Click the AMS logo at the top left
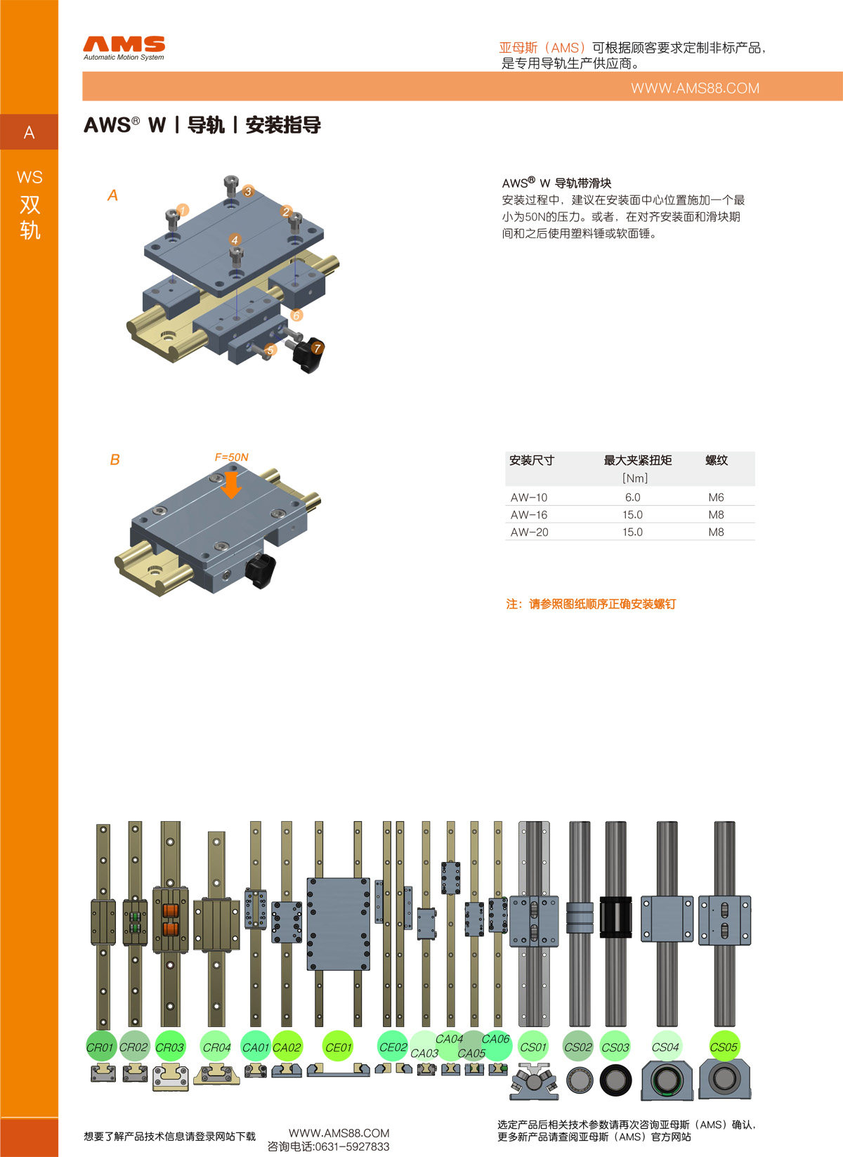pos(124,47)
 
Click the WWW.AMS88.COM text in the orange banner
pos(694,89)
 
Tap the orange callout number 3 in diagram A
pos(248,191)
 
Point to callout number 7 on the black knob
pos(317,348)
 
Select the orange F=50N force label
pos(231,457)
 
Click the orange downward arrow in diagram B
pos(231,484)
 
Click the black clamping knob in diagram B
pos(261,569)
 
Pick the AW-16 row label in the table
pos(529,515)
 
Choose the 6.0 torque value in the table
pos(632,497)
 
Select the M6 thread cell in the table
pos(716,497)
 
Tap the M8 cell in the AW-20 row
pos(716,532)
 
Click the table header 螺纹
pos(717,461)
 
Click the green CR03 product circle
pos(169,1047)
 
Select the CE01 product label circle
pos(338,1047)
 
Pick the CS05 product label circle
pos(724,1047)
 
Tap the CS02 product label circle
pos(578,1047)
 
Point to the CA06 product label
pos(495,1039)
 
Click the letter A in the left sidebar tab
pos(29,133)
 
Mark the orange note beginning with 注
pos(591,604)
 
